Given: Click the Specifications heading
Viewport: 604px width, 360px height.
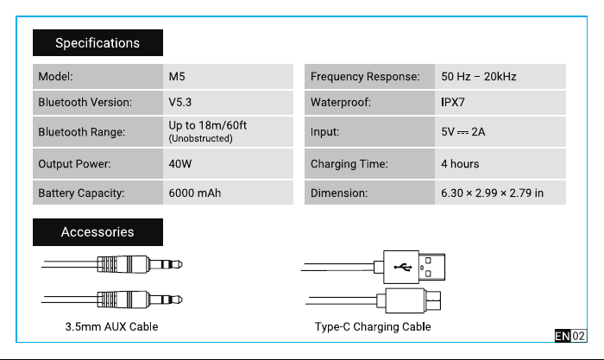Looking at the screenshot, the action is (98, 43).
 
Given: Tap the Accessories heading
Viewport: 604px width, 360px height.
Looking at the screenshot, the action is (98, 232).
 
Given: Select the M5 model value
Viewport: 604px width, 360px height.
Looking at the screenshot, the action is (177, 76).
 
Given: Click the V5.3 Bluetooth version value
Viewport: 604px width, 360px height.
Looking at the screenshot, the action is (179, 102).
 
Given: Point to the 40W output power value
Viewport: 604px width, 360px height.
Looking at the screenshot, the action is (179, 164).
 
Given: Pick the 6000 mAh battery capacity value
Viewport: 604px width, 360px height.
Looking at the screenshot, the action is (195, 193).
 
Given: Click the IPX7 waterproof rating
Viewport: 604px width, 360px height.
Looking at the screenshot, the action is (453, 102).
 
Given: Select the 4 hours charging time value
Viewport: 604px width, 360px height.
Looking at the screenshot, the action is (460, 164).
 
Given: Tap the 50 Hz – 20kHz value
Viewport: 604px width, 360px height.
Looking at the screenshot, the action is (479, 76).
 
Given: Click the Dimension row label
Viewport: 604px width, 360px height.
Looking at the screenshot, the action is (339, 193).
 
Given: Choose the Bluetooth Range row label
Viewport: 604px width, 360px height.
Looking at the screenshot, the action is (82, 132).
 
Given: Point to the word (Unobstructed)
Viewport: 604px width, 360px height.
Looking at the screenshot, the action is (201, 138).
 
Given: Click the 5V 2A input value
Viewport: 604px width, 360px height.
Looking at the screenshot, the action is (463, 132).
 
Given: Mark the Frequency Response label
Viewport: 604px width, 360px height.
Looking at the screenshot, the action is (365, 76).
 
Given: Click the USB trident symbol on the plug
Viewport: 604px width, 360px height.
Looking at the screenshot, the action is (403, 267).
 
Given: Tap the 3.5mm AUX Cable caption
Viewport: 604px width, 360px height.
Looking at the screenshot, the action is (111, 326).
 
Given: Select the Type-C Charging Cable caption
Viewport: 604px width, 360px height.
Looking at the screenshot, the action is (373, 326).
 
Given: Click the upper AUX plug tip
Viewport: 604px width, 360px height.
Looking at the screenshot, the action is (179, 264).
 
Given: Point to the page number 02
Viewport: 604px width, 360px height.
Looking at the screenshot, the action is (578, 336).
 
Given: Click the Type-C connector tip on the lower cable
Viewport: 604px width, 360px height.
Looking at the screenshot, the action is (433, 300).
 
